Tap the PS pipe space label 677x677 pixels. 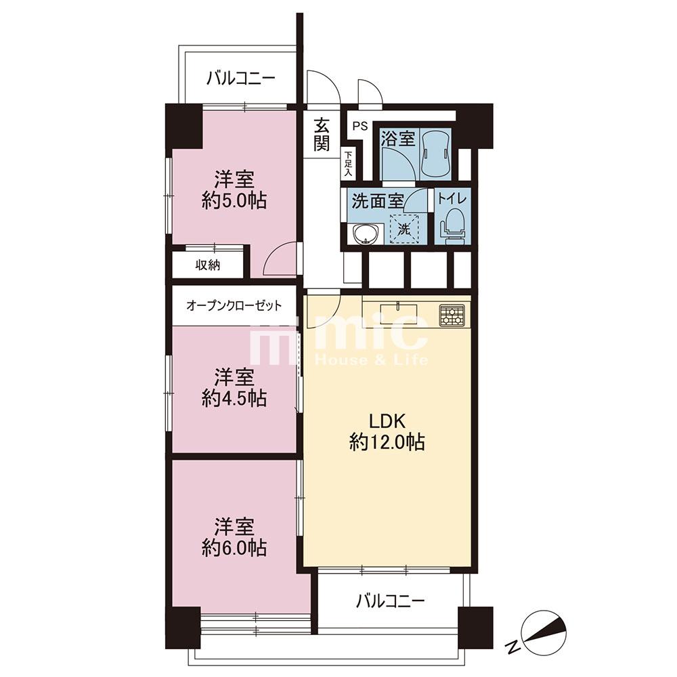point(360,127)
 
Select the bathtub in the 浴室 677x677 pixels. point(435,154)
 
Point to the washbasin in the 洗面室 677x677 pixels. point(366,234)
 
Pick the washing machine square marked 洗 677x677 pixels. point(404,229)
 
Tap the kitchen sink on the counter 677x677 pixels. point(399,311)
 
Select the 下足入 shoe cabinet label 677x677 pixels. point(349,164)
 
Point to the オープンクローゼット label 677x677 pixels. point(234,306)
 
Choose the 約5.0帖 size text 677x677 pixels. point(234,201)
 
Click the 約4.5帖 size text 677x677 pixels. point(234,398)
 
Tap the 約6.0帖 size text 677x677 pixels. point(234,548)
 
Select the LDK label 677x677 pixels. point(387,420)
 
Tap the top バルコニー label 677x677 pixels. point(240,79)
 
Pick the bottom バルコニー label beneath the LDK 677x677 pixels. point(391,600)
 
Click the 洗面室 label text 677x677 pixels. point(378,201)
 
